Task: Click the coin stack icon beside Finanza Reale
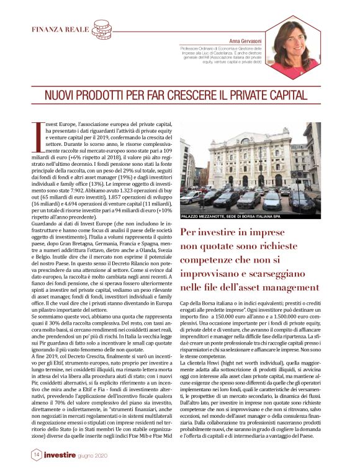[x=102, y=29]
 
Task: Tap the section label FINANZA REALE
[x=60, y=29]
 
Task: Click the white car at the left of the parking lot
[x=189, y=197]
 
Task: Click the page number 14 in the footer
[x=36, y=455]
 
